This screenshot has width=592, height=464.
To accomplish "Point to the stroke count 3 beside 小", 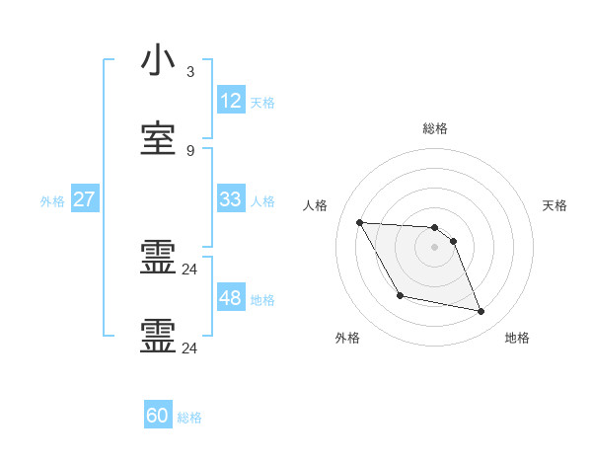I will coord(189,72).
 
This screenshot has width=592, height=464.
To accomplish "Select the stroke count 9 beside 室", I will coord(189,150).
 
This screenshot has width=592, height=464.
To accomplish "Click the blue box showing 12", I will coord(230,101).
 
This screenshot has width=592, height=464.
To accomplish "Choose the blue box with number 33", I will coord(230,199).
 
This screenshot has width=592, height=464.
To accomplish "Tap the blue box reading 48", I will coord(230,298).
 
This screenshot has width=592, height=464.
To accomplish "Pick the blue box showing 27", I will coord(84,199).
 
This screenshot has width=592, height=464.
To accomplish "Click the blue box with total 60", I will coord(157,416).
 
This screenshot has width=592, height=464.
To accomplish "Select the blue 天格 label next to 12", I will coord(262,102).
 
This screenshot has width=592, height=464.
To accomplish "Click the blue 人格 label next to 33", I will coord(262,200).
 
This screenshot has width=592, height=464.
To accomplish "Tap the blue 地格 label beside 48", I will coord(262,299).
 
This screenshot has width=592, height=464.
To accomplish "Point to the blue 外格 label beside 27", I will coord(52,200).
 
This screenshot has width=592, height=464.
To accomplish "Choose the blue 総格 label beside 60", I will coord(189,417).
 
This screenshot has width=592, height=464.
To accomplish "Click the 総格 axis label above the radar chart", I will coord(434,127).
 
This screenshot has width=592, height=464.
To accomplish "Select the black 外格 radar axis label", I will coord(347,338).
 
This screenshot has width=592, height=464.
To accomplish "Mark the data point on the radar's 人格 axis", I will coord(359,222).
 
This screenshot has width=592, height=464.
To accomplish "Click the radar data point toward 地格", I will coord(481,312).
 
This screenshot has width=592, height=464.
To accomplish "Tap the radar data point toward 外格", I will coord(400,295).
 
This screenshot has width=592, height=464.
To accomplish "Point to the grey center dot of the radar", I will coord(434,247).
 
